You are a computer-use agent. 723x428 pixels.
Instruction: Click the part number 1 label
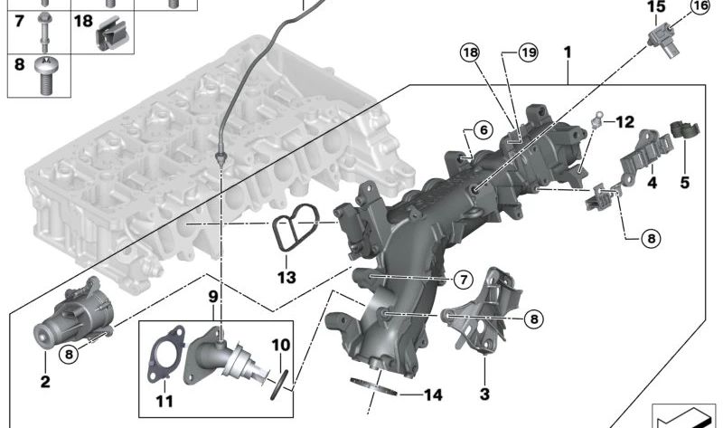point(568,52)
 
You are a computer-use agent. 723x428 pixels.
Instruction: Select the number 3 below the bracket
point(484,394)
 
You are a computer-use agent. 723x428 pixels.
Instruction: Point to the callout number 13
point(286,276)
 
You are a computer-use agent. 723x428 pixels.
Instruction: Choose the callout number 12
point(626,120)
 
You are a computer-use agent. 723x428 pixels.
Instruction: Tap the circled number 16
point(701,6)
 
